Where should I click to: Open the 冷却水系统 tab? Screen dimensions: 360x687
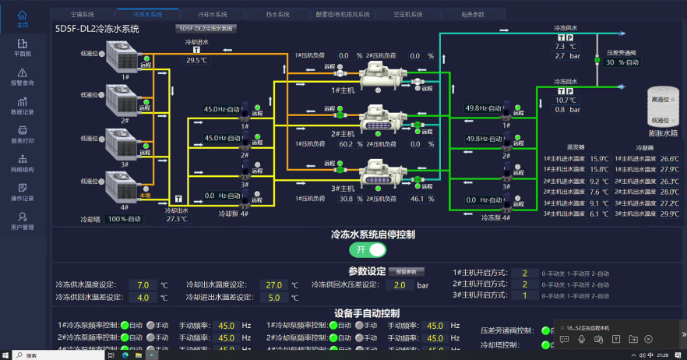tap(212, 14)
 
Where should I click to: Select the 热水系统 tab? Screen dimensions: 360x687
tap(277, 14)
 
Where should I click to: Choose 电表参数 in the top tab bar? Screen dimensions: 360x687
tap(472, 14)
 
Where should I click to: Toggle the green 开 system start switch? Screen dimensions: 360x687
tap(368, 250)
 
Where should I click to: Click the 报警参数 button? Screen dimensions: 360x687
tap(407, 272)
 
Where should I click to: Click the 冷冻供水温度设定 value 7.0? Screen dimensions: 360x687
tap(143, 285)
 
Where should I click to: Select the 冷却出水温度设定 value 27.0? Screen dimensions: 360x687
tap(273, 285)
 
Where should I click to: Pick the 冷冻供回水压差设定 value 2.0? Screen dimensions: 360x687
tap(399, 285)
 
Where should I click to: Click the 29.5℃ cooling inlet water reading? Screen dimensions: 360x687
tap(197, 60)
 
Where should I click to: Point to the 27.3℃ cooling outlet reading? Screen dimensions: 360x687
tap(177, 219)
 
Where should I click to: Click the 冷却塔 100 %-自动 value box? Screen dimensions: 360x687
tap(125, 219)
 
